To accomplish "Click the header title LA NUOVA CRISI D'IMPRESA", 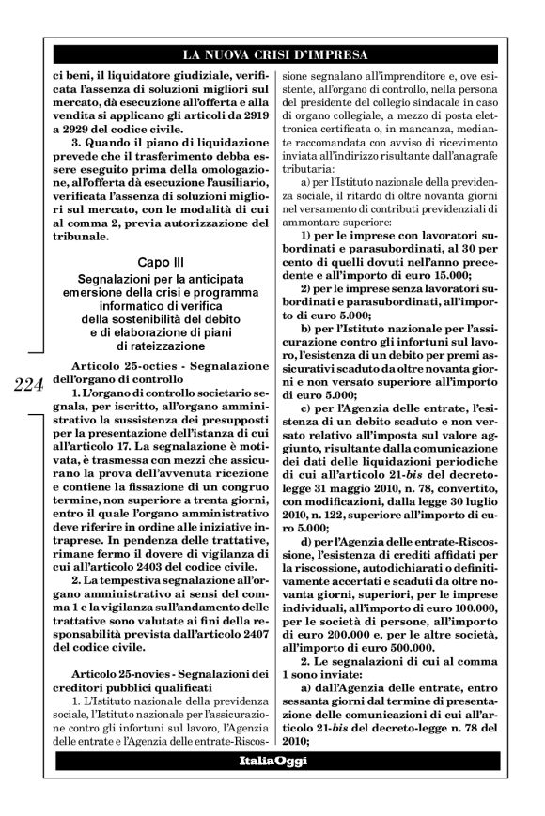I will click(272, 54).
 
